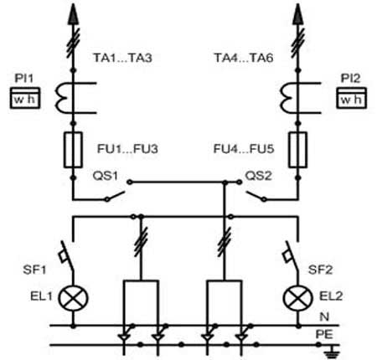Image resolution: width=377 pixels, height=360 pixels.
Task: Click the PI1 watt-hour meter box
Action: pos(25,98)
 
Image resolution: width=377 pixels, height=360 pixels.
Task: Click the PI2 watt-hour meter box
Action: pos(351,98)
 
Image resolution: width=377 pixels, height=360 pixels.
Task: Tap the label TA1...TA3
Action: pos(122,58)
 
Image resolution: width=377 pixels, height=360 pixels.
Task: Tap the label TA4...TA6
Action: pos(244,58)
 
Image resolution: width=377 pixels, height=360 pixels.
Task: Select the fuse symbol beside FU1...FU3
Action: pos(73,150)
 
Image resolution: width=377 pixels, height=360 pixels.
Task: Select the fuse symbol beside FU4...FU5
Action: pos(297,150)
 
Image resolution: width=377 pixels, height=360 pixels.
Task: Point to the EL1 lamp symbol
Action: pos(73,298)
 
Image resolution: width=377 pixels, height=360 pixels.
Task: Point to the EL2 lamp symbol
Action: pos(298,298)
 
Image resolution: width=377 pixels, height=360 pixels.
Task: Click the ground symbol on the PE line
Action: pos(333,352)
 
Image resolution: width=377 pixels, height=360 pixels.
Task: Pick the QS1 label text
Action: pos(106,176)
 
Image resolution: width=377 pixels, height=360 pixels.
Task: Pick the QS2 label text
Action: pos(258,176)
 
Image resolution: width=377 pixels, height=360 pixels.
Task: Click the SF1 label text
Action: pos(34,270)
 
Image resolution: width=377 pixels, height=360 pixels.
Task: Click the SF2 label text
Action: pos(320,270)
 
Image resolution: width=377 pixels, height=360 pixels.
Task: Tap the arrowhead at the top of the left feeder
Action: pos(73,14)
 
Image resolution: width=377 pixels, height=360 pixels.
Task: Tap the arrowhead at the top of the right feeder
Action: pos(298,14)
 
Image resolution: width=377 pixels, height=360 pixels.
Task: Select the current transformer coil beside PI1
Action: pos(59,98)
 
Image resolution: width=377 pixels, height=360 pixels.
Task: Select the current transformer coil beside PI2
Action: pos(284,98)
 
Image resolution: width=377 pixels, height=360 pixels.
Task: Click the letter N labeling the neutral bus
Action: pos(324,316)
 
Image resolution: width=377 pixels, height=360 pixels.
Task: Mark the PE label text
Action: pos(324,334)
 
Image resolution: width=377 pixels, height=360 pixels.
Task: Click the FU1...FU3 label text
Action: pos(127,149)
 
